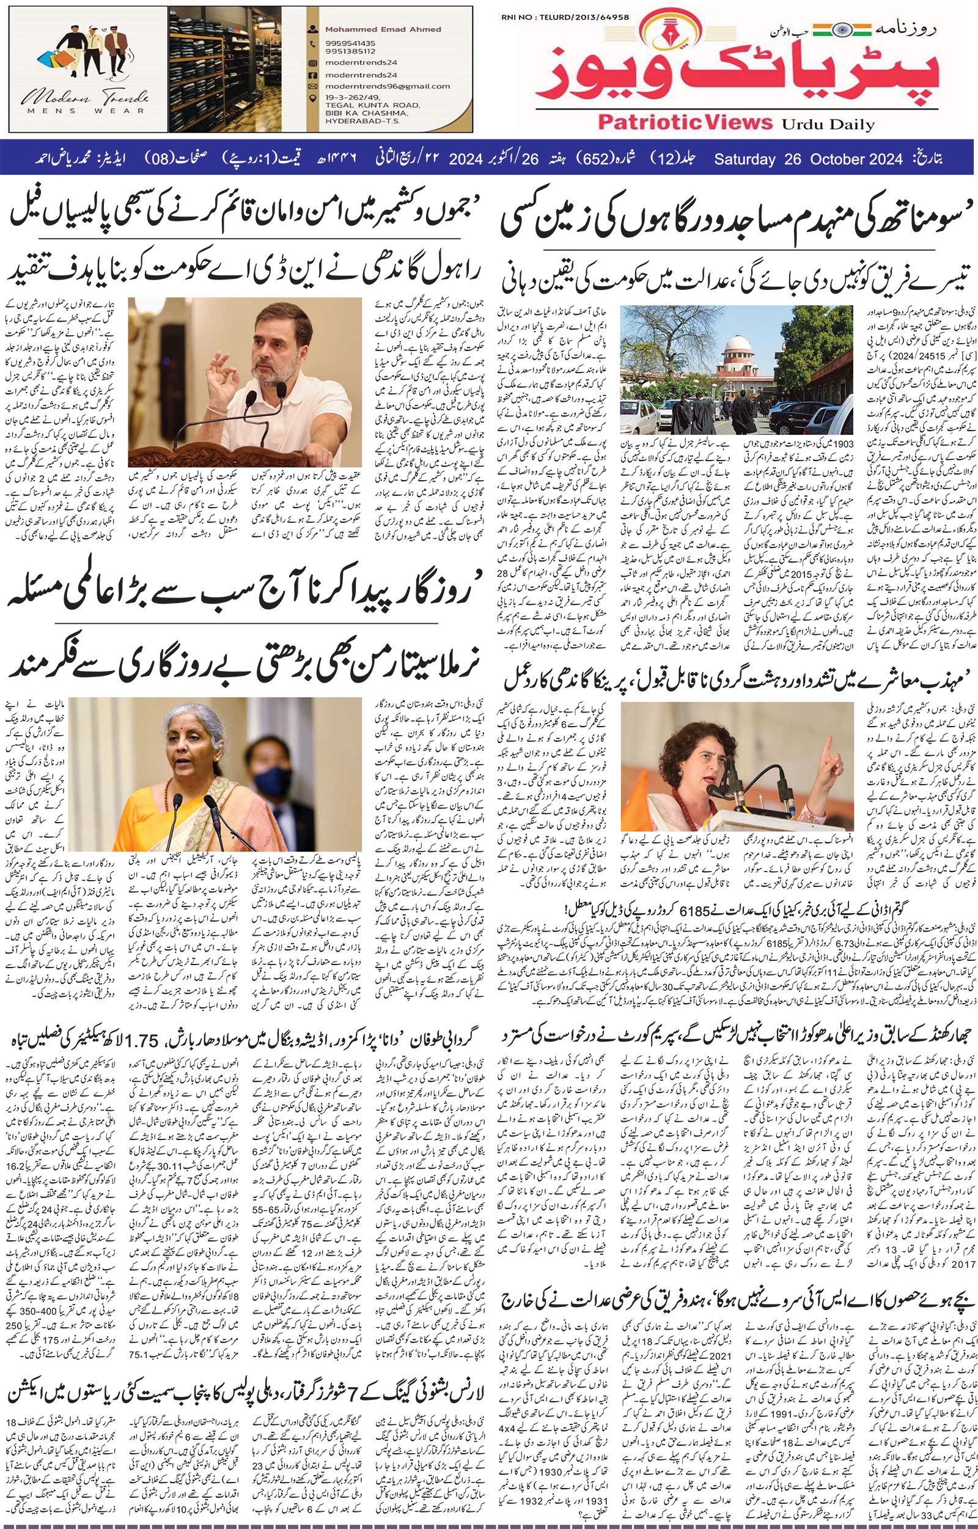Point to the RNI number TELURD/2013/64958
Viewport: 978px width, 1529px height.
pos(577,17)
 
